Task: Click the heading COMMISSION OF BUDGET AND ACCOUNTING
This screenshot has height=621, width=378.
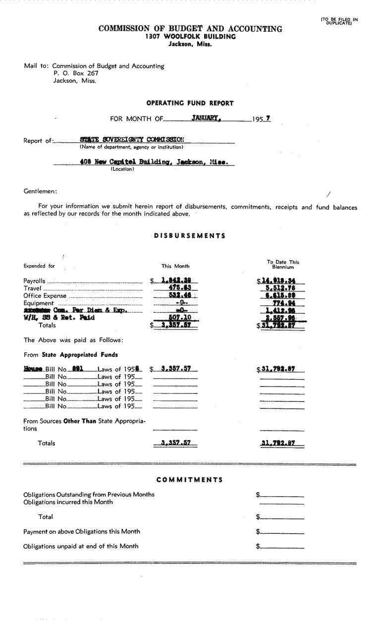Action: (x=190, y=29)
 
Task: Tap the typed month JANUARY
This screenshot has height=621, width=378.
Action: (x=206, y=118)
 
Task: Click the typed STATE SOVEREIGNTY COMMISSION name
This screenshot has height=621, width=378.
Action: (x=132, y=140)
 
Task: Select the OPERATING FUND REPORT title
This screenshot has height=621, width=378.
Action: (x=190, y=103)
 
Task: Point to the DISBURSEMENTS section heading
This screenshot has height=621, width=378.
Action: (x=190, y=236)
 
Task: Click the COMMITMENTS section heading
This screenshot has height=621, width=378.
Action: (x=189, y=480)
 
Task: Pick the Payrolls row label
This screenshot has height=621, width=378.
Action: (x=35, y=281)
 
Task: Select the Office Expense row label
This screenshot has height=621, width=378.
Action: (x=45, y=296)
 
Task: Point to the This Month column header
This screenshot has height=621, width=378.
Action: (x=175, y=266)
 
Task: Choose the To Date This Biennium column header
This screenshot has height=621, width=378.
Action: (x=283, y=264)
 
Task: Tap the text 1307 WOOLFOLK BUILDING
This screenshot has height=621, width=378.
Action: (x=190, y=37)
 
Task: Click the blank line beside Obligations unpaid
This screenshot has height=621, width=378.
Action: (x=282, y=547)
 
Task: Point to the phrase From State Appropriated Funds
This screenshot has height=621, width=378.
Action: (x=71, y=355)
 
